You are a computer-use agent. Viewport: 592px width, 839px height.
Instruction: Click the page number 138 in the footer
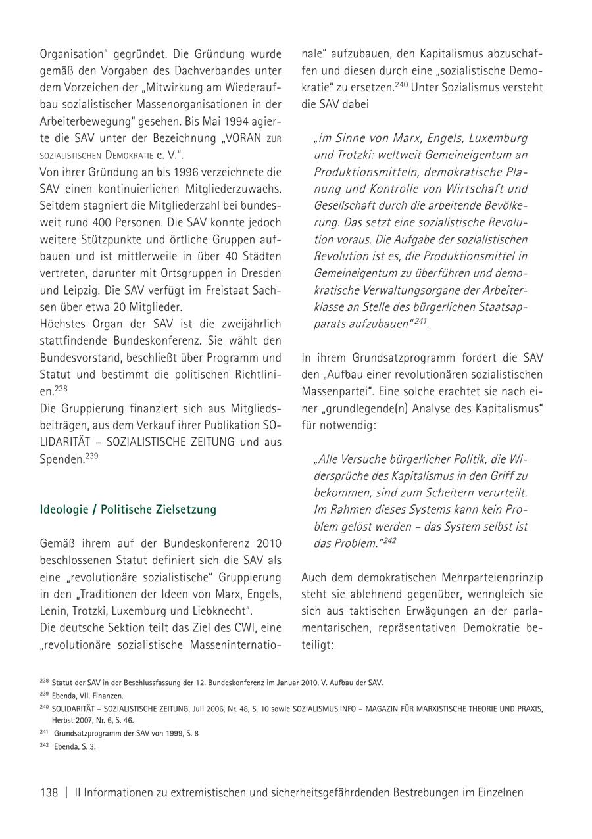[x=49, y=792]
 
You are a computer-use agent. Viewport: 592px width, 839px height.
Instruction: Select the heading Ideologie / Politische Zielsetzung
[x=128, y=510]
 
